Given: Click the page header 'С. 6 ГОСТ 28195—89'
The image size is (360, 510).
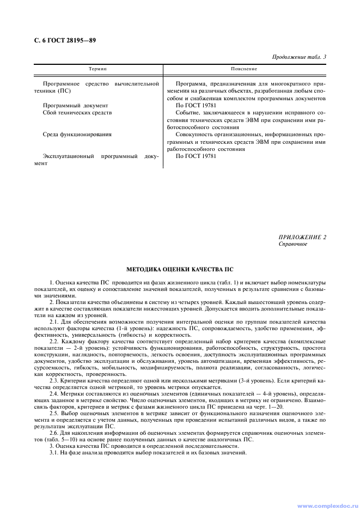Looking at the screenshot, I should (x=62, y=40).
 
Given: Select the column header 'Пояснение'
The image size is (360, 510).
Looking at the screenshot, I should (x=244, y=69).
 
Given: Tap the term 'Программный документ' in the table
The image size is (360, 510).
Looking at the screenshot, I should (x=75, y=105).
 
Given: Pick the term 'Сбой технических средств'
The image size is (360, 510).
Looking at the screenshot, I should (x=77, y=112).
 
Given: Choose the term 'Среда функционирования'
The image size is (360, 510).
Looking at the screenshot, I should (x=77, y=134).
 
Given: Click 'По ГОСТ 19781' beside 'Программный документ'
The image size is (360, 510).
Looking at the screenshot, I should (x=196, y=105).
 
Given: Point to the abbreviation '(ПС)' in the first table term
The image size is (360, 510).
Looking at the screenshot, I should (x=64, y=91).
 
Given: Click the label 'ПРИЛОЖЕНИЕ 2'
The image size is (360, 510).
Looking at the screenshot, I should (x=302, y=237).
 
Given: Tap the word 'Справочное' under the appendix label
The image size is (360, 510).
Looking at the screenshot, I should (x=293, y=244).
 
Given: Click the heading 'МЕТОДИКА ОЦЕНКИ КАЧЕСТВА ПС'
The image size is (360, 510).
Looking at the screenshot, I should (x=180, y=269).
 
